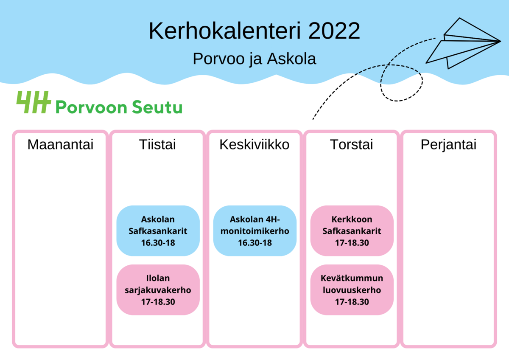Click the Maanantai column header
pyautogui.click(x=60, y=144)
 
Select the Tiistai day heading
pyautogui.click(x=157, y=144)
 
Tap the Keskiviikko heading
pyautogui.click(x=255, y=144)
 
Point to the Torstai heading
pyautogui.click(x=352, y=144)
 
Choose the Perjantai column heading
pyautogui.click(x=449, y=145)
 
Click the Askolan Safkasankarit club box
pyautogui.click(x=158, y=231)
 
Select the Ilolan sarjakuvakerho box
pyautogui.click(x=158, y=290)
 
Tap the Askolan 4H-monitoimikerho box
pyautogui.click(x=255, y=231)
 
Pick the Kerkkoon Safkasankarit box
pyautogui.click(x=352, y=231)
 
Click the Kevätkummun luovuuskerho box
pyautogui.click(x=352, y=290)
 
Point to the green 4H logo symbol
pyautogui.click(x=34, y=102)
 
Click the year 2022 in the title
pyautogui.click(x=334, y=31)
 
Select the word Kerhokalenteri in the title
pyautogui.click(x=225, y=31)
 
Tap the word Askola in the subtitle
pyautogui.click(x=291, y=59)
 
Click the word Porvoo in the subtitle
pyautogui.click(x=218, y=59)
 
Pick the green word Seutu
pyautogui.click(x=157, y=107)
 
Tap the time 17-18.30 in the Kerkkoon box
pyautogui.click(x=352, y=243)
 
